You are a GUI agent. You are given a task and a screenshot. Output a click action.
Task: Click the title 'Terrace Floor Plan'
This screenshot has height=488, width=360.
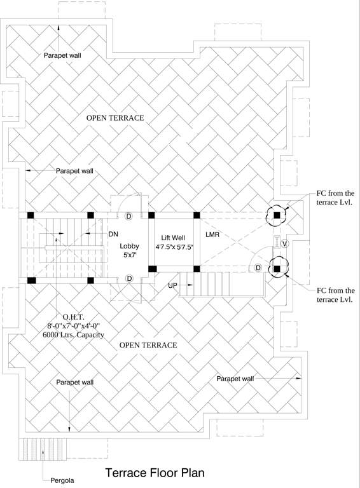tap(155, 473)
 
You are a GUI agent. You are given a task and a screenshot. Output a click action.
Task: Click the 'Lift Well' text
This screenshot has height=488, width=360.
tap(173, 236)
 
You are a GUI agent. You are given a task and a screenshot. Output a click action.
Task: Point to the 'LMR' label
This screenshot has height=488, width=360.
tap(212, 235)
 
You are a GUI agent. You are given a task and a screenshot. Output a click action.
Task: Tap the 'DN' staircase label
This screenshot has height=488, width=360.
tap(113, 234)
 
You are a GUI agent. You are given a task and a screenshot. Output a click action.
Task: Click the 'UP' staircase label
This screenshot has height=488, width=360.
tap(172, 285)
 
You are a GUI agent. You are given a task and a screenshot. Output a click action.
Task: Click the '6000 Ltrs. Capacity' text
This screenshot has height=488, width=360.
tap(73, 335)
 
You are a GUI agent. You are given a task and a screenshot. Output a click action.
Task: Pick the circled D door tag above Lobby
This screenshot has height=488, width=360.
tap(129, 216)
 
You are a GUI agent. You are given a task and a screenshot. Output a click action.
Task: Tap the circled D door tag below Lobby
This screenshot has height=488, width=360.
tap(129, 279)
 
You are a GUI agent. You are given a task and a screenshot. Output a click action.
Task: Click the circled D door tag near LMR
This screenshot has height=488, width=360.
tap(258, 268)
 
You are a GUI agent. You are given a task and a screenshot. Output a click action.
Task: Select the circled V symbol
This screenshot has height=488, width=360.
tap(284, 244)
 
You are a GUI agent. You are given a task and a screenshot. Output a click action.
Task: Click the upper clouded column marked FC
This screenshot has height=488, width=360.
tap(277, 215)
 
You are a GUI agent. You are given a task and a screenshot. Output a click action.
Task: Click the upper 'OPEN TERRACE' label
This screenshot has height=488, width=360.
tap(115, 118)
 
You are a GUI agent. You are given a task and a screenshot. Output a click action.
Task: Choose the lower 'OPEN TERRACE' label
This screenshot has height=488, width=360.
tap(148, 345)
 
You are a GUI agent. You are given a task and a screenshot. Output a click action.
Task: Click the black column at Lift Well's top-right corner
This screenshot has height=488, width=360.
tap(197, 215)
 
